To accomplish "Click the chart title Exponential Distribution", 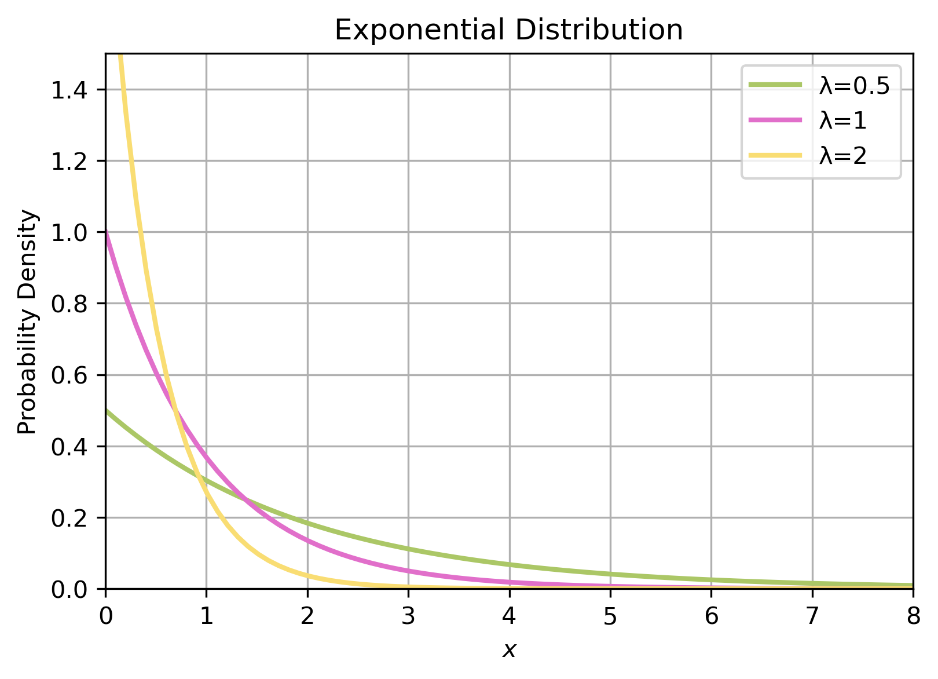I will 508,30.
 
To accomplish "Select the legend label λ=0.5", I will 854,86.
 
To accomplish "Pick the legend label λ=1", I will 842,121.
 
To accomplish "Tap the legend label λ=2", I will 842,155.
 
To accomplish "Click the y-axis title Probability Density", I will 27,322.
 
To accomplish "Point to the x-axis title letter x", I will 509,651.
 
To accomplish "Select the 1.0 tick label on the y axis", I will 69,232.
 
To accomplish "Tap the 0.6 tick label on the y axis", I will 69,375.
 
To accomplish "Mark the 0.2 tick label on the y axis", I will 69,518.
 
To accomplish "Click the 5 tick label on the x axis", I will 610,616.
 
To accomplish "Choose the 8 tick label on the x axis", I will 913,616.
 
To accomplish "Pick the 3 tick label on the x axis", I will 408,616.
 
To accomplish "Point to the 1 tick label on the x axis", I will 207,616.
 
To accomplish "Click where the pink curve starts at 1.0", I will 106,232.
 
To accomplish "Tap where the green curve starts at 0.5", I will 106,411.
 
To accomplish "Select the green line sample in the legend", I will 775,85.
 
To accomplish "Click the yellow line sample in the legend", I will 775,155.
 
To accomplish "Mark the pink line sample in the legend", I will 775,120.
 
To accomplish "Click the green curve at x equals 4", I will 510,564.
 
